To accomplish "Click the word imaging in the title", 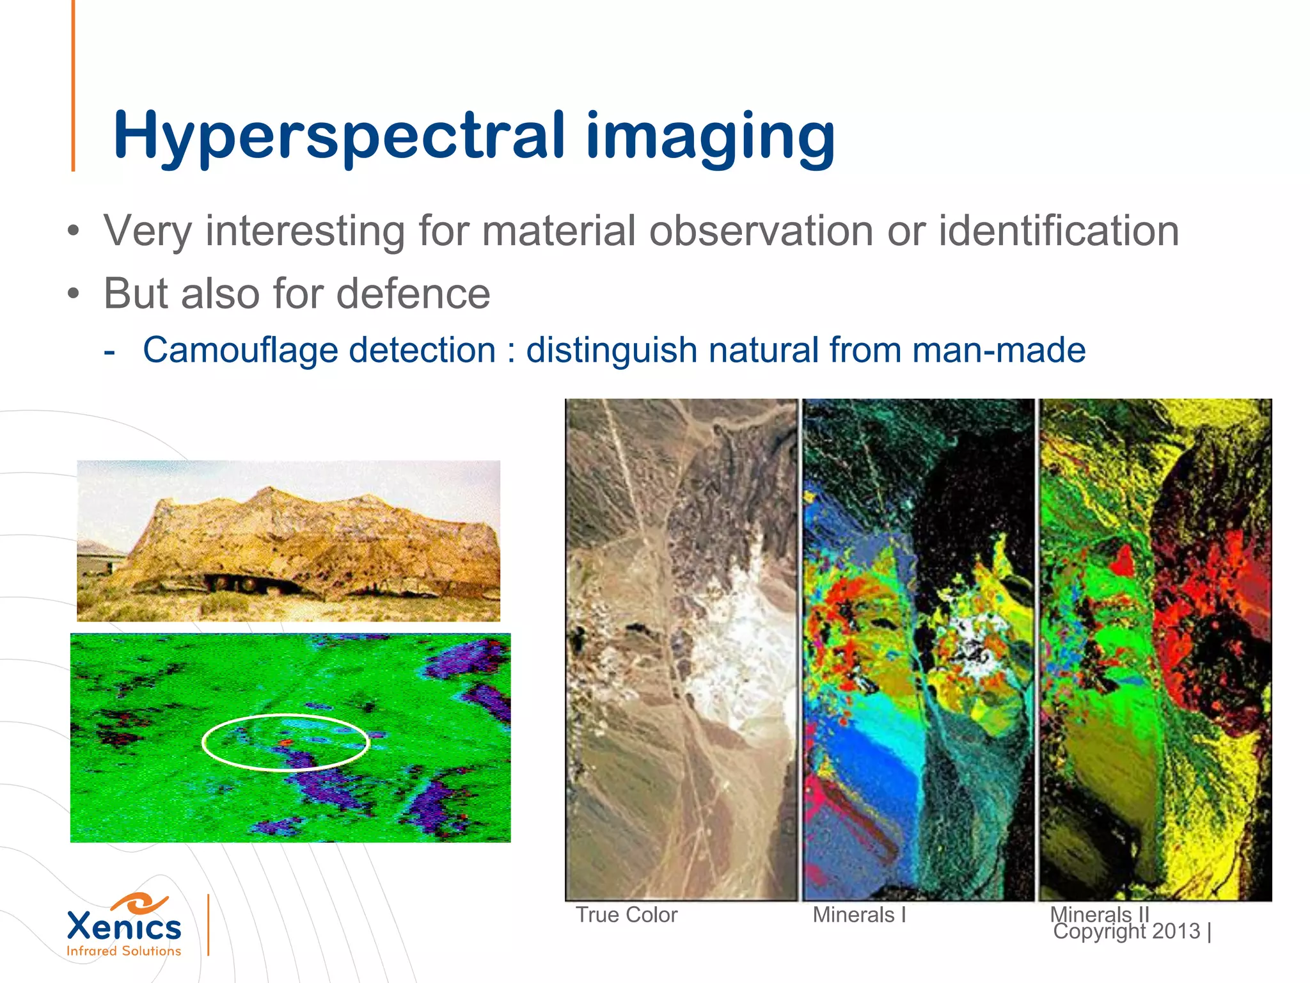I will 710,136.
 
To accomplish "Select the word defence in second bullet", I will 413,294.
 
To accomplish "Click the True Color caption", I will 626,915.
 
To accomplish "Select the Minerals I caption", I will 859,915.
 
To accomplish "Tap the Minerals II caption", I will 1099,913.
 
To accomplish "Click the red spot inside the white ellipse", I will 286,742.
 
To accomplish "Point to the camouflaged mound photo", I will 288,541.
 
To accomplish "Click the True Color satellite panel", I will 682,650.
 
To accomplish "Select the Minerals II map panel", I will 1155,650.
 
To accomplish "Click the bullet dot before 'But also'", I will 74,294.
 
